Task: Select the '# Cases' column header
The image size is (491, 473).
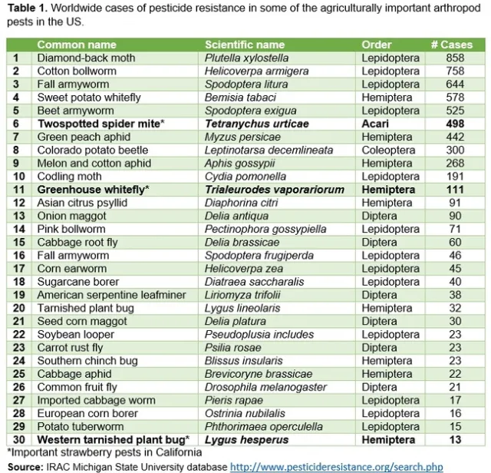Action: (456, 45)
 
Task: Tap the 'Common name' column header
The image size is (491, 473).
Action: (77, 45)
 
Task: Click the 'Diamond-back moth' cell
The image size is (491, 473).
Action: (86, 58)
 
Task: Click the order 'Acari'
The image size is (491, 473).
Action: (376, 124)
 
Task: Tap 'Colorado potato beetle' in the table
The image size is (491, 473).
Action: (93, 150)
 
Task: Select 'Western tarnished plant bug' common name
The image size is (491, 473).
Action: (112, 439)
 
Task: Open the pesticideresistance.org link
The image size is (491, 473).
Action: (337, 466)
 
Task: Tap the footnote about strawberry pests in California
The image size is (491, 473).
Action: (104, 452)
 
